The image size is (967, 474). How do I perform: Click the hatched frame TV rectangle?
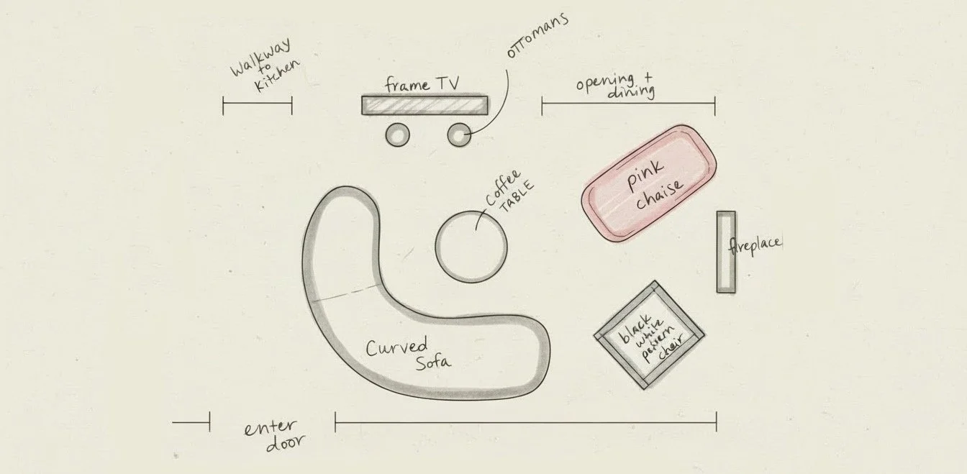click(425, 105)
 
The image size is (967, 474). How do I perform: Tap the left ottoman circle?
click(397, 135)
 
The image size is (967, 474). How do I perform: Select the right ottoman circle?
click(459, 135)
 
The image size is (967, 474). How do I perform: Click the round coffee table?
click(471, 246)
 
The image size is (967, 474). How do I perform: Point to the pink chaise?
click(649, 183)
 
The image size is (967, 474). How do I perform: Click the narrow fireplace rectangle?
click(725, 252)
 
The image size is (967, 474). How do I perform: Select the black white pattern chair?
click(649, 335)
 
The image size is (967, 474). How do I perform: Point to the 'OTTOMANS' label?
click(537, 35)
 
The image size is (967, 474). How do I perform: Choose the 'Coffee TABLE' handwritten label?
click(509, 190)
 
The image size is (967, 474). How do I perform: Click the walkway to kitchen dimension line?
click(257, 106)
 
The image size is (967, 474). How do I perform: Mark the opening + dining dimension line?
click(628, 106)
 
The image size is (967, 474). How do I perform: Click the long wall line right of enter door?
click(525, 422)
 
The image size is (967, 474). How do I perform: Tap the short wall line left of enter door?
click(191, 422)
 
